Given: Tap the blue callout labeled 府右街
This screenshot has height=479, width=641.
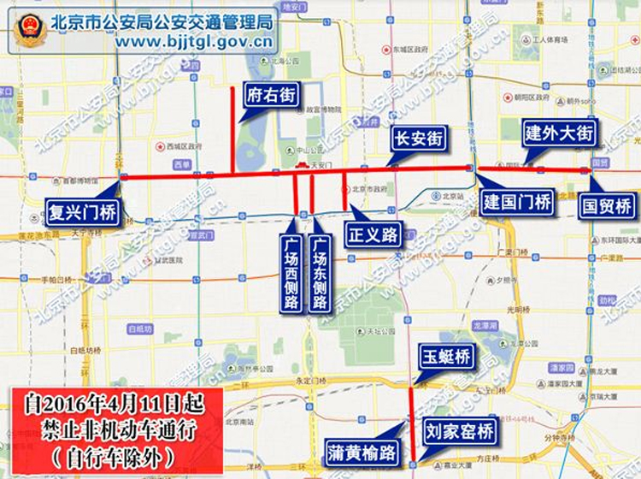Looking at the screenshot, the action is pyautogui.click(x=271, y=94).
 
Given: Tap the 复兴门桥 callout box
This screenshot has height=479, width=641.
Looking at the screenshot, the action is pyautogui.click(x=84, y=208).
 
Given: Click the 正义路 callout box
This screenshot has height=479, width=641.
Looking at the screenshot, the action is pyautogui.click(x=373, y=232).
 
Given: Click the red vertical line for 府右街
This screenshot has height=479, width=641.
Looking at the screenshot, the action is pyautogui.click(x=232, y=128).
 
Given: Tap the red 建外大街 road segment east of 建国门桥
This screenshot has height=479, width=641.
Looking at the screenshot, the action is pyautogui.click(x=530, y=169).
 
